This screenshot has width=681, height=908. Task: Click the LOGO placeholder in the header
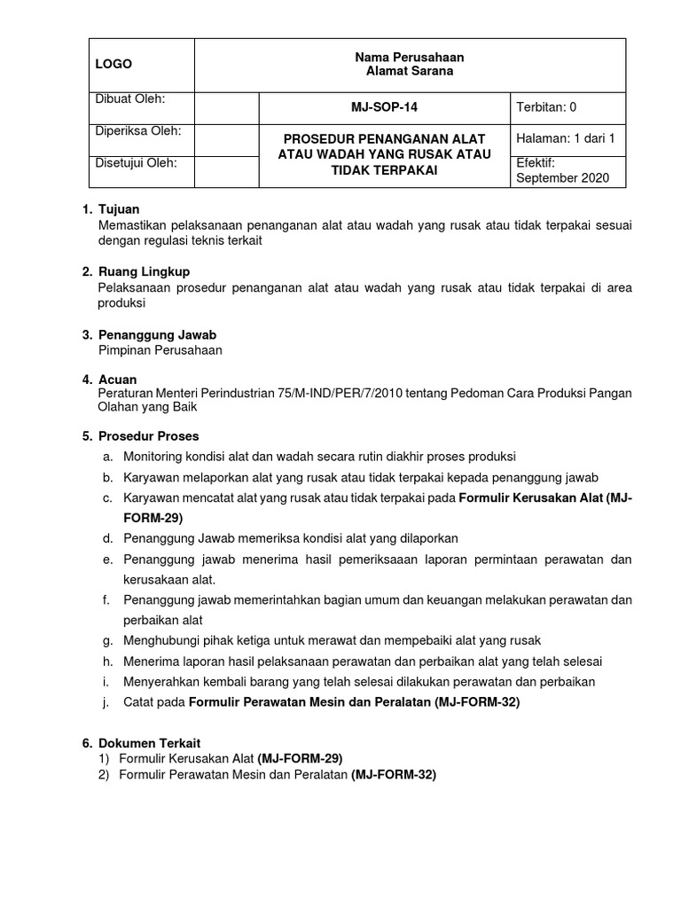pos(113,64)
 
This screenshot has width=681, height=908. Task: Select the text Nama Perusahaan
pos(409,57)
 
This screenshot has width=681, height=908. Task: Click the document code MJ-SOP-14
pos(384,108)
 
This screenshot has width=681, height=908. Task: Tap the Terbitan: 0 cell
pos(546,108)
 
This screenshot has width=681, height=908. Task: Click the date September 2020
pos(562,177)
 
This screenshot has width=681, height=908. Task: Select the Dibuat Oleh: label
pos(129,98)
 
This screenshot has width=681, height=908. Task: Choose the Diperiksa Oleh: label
pos(137,131)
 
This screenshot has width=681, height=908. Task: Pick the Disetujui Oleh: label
pos(136,163)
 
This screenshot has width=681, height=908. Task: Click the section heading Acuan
pos(118,380)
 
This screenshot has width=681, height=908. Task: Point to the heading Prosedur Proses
pos(148,436)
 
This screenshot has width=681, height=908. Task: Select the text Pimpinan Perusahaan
pos(160,349)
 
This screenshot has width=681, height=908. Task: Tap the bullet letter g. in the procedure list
pos(106,640)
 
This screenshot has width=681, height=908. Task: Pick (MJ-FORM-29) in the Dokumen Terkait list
pos(300,758)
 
